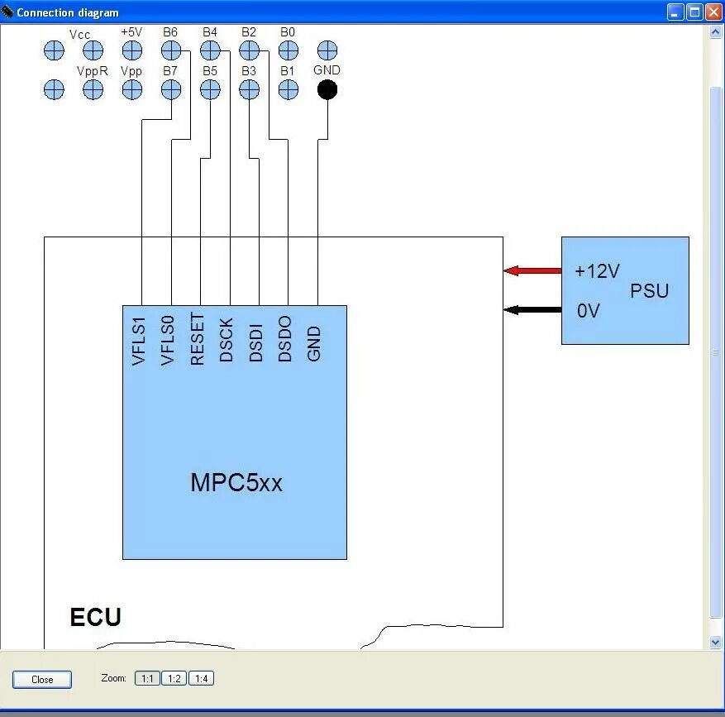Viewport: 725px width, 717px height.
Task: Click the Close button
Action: pyautogui.click(x=42, y=680)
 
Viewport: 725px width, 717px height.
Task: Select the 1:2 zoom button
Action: pyautogui.click(x=174, y=679)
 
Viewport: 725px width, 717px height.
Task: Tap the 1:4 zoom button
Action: pyautogui.click(x=201, y=679)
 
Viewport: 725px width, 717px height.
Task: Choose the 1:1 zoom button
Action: pyautogui.click(x=147, y=679)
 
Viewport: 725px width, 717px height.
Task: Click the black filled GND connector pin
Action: pyautogui.click(x=327, y=90)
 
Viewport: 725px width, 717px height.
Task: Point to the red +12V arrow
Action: pyautogui.click(x=532, y=270)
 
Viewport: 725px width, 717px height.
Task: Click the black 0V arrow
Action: pyautogui.click(x=532, y=310)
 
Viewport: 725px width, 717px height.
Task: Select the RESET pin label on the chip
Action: pyautogui.click(x=197, y=338)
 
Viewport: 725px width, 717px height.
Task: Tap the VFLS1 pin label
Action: pyautogui.click(x=139, y=342)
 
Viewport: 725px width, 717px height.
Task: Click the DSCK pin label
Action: pyautogui.click(x=227, y=340)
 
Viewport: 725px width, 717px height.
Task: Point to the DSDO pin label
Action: pyautogui.click(x=285, y=338)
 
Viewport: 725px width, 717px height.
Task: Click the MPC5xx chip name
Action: pyautogui.click(x=236, y=482)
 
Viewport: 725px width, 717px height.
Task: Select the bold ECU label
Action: pyautogui.click(x=96, y=617)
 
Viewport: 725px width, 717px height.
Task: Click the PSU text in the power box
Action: pyautogui.click(x=649, y=290)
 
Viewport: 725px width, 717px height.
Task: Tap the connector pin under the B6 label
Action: pyautogui.click(x=171, y=50)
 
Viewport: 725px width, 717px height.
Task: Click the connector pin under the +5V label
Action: pyautogui.click(x=132, y=50)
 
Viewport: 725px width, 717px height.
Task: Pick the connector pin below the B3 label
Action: pyautogui.click(x=249, y=90)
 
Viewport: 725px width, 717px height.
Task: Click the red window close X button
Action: pyautogui.click(x=713, y=12)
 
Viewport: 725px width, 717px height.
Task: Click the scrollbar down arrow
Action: pyautogui.click(x=715, y=642)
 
